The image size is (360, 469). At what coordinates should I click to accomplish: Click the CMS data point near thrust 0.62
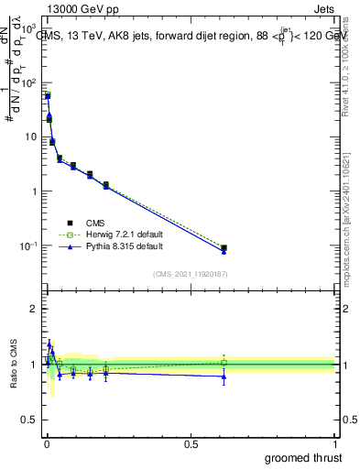point(224,248)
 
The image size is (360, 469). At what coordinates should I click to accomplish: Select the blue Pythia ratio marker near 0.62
point(224,376)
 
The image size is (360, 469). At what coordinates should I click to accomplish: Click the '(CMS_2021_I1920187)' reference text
point(190,274)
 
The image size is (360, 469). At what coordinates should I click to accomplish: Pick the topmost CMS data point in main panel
point(48,95)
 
